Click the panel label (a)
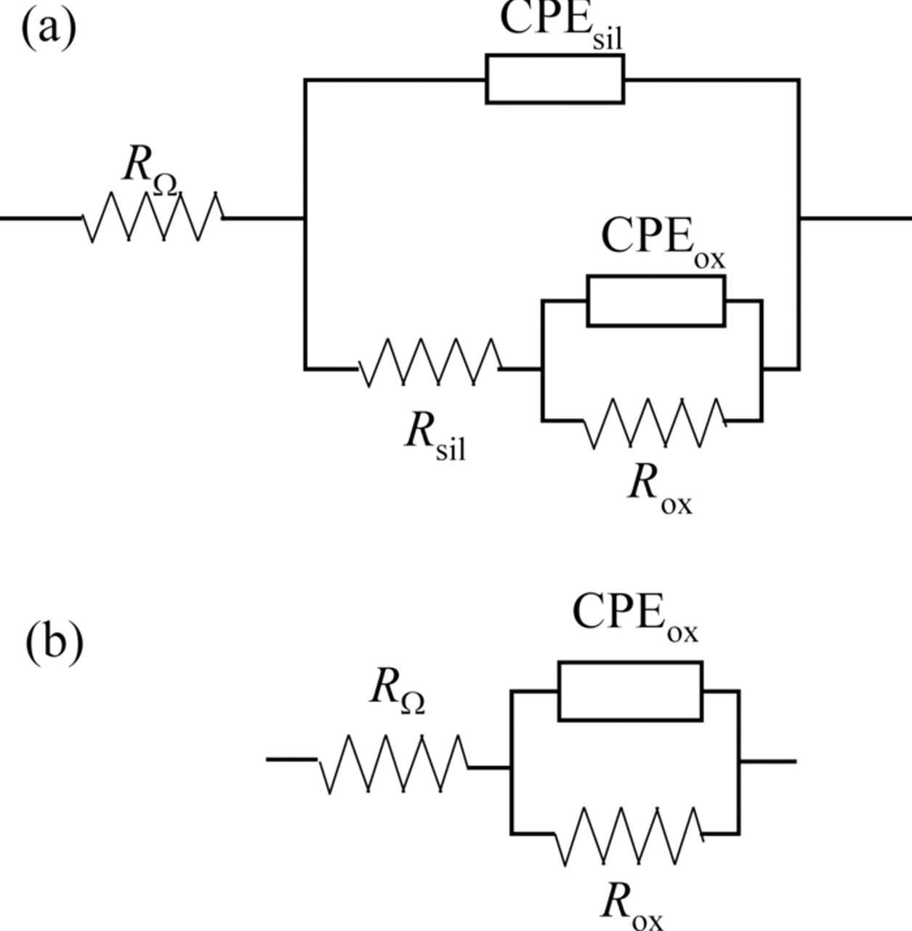click(x=49, y=29)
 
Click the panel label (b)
click(x=55, y=642)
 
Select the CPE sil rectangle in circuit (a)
click(x=554, y=79)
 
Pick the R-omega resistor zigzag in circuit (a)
click(x=153, y=217)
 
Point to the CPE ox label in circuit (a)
click(x=662, y=240)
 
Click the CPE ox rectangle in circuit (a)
click(x=655, y=301)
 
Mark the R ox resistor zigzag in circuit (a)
click(x=654, y=423)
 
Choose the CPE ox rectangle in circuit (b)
click(x=630, y=691)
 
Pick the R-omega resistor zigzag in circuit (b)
click(x=393, y=764)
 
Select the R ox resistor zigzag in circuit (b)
click(x=629, y=836)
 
